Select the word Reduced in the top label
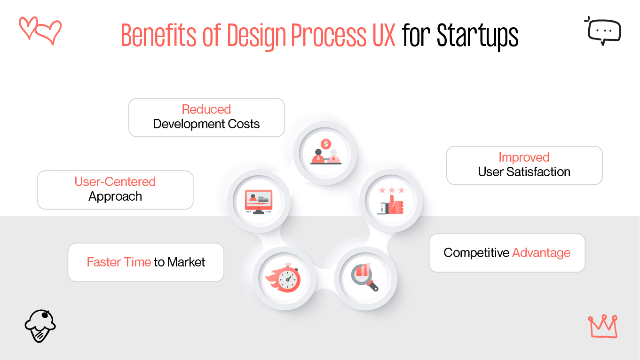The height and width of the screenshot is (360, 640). [x=206, y=110]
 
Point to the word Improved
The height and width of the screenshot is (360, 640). [x=524, y=157]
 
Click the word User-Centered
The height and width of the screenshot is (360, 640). [x=115, y=182]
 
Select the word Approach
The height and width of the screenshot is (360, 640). [x=115, y=196]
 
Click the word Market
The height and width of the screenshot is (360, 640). [x=186, y=262]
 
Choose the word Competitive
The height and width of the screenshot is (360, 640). [x=476, y=253]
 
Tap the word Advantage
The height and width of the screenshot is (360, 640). [x=541, y=253]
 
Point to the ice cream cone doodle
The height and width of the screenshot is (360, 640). [x=40, y=325]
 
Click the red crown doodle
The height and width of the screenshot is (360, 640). [x=602, y=326]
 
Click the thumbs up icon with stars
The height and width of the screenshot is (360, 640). [x=391, y=201]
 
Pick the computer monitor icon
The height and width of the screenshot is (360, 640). [x=258, y=202]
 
